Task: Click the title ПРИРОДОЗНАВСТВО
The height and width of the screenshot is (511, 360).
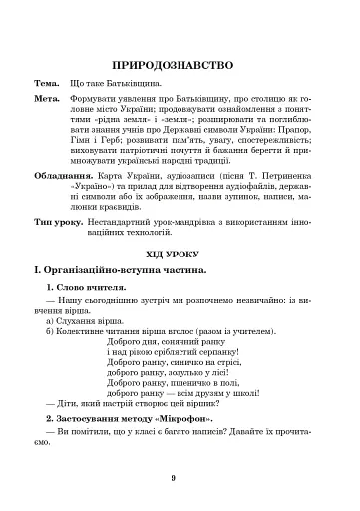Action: (x=179, y=62)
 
